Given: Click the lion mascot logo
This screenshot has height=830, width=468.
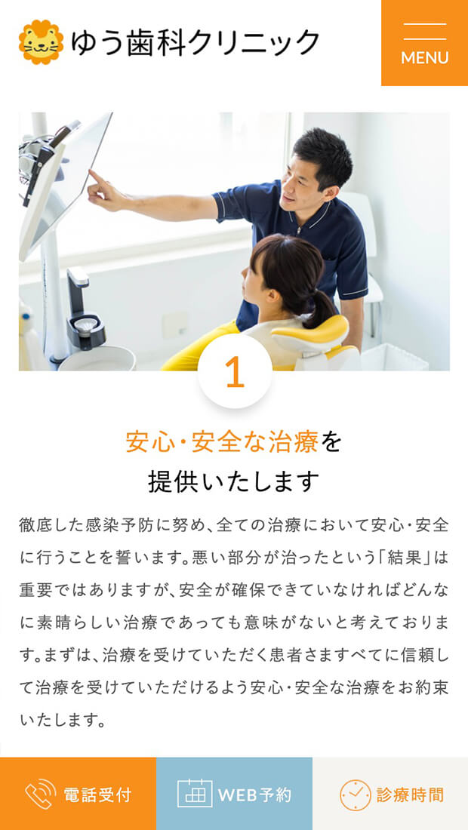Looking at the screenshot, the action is click(x=41, y=42).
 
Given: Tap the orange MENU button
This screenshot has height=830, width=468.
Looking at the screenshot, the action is click(x=424, y=43).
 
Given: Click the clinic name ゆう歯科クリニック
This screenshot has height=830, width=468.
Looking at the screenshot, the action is click(x=196, y=43).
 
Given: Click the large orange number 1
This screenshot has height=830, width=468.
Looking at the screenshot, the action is click(x=235, y=372).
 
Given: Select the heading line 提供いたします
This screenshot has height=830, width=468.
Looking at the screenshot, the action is click(x=234, y=481).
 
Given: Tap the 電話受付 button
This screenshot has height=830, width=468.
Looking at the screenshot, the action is click(x=78, y=794).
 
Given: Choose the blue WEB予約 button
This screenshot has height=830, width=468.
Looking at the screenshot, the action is click(x=234, y=794).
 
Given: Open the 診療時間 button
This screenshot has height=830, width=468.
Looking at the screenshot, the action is click(x=390, y=794).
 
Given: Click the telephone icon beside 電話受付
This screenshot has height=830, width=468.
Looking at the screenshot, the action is click(x=40, y=794).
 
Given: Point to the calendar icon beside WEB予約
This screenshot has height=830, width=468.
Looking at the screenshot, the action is click(x=195, y=794).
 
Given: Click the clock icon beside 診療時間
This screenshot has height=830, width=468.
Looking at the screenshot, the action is click(x=356, y=795).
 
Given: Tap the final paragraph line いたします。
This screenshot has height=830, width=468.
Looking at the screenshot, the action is click(x=60, y=720).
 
